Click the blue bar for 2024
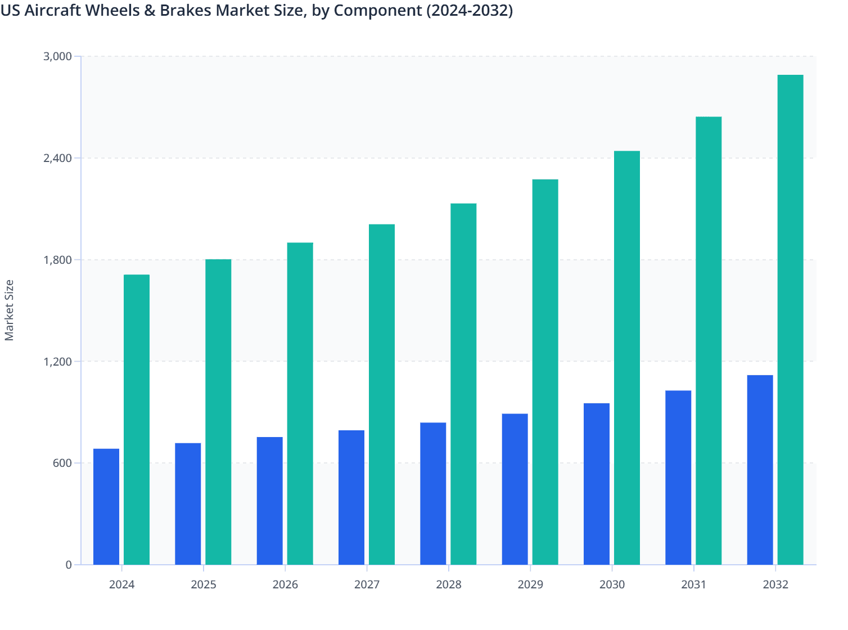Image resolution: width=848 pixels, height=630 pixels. pyautogui.click(x=106, y=506)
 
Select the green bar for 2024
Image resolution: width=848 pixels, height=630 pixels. pyautogui.click(x=137, y=420)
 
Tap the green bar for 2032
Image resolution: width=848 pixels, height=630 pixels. pyautogui.click(x=790, y=319)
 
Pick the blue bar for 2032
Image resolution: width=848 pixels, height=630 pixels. pyautogui.click(x=760, y=470)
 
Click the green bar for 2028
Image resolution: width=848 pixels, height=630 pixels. pyautogui.click(x=463, y=384)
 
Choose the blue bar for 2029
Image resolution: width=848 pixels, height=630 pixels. pyautogui.click(x=515, y=489)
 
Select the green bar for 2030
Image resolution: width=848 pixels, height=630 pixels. pyautogui.click(x=626, y=358)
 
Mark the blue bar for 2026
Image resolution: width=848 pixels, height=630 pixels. pyautogui.click(x=269, y=501)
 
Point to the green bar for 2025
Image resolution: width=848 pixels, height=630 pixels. pyautogui.click(x=218, y=412)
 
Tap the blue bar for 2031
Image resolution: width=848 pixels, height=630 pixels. pyautogui.click(x=678, y=478)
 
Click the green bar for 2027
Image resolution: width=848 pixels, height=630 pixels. pyautogui.click(x=382, y=394)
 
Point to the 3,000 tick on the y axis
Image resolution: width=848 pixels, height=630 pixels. pyautogui.click(x=57, y=56)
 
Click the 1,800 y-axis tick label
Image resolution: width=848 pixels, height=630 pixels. pyautogui.click(x=57, y=260)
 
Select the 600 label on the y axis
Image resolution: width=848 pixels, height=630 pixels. pyautogui.click(x=62, y=463)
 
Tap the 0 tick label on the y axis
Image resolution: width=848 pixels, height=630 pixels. pyautogui.click(x=69, y=565)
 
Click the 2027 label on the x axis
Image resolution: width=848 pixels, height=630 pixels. pyautogui.click(x=367, y=584)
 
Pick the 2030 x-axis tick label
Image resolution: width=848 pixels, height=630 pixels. pyautogui.click(x=612, y=584)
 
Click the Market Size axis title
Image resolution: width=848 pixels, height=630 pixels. pyautogui.click(x=10, y=310)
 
